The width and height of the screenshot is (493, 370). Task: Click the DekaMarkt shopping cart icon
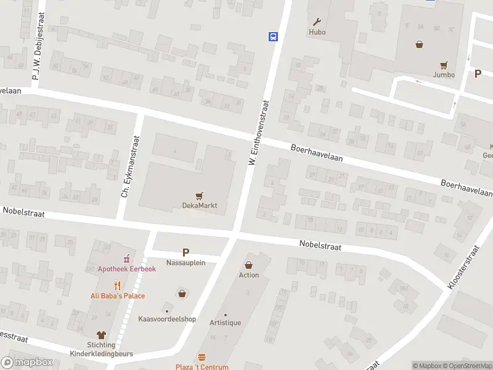pyautogui.click(x=199, y=196)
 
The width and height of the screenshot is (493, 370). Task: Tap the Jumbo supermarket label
pyautogui.click(x=444, y=75)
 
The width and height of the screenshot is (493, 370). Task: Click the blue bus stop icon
pyautogui.click(x=272, y=36)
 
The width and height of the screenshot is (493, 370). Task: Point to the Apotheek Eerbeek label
pyautogui.click(x=127, y=269)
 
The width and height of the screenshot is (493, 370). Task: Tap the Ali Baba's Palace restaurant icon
pyautogui.click(x=117, y=286)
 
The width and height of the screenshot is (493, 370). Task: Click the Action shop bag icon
pyautogui.click(x=249, y=265)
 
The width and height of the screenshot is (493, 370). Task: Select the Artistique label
pyautogui.click(x=225, y=323)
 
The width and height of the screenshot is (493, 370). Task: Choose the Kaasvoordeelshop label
pyautogui.click(x=167, y=319)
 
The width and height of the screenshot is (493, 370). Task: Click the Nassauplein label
pyautogui.click(x=185, y=262)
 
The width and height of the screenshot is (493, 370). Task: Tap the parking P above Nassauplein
pyautogui.click(x=185, y=252)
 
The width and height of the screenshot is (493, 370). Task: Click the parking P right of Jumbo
pyautogui.click(x=478, y=73)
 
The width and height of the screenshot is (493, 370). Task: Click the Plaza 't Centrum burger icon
pyautogui.click(x=202, y=358)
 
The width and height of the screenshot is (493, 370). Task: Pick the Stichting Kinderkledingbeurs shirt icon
pyautogui.click(x=102, y=336)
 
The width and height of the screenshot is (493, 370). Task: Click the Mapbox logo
pyautogui.click(x=27, y=363)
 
